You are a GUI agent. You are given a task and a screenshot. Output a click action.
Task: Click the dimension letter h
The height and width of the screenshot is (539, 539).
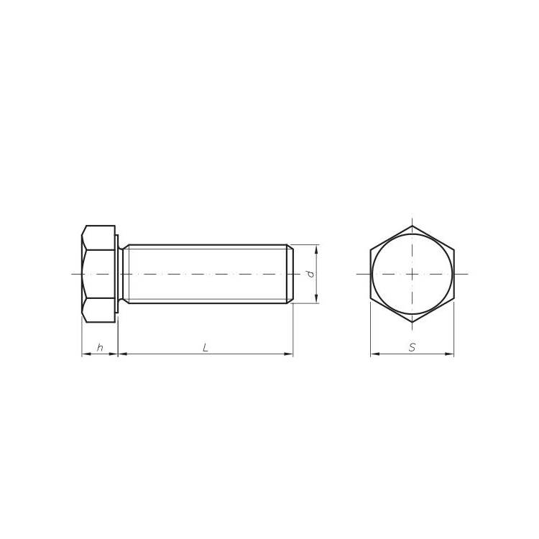pos(100,348)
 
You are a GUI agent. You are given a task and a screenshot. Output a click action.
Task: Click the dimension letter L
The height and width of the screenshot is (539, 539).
pos(206,348)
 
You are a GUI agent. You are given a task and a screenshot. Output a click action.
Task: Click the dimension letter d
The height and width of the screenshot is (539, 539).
pos(310,274)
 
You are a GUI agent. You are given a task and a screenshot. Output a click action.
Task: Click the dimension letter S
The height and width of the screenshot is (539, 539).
pos(413,348)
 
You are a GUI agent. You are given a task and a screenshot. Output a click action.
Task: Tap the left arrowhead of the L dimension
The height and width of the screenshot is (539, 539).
pos(123,354)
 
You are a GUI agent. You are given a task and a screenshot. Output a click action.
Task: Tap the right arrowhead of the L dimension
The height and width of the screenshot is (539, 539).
pos(288,354)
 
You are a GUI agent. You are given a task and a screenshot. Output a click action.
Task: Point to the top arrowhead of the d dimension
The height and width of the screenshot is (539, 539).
pos(316,249)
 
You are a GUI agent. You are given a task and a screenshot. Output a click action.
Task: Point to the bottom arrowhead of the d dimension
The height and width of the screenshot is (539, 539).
pos(316,299)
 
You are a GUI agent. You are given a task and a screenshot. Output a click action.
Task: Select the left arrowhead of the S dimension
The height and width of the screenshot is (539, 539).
pos(375,354)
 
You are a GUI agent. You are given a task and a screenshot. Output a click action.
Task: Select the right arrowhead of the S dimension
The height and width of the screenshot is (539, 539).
pos(450,354)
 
